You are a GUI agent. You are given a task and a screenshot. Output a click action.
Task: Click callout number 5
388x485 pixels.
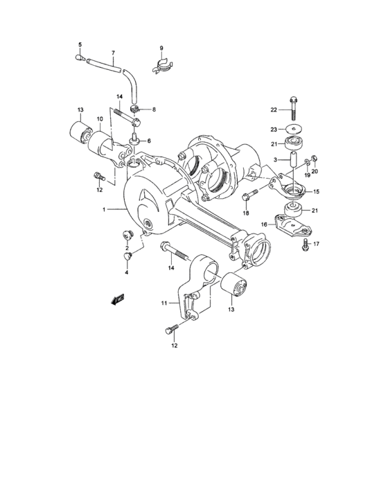[79, 45]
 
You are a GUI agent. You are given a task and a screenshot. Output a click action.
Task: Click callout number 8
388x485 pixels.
[153, 109]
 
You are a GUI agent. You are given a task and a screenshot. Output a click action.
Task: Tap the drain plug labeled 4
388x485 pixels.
[127, 258]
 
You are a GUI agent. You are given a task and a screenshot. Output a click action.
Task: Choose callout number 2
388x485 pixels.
[127, 247]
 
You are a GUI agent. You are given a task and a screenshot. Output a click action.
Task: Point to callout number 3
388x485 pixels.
[276, 160]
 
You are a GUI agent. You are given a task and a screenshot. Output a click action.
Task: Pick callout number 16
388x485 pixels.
[264, 224]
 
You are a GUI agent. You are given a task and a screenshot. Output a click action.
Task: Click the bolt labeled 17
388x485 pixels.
[305, 244]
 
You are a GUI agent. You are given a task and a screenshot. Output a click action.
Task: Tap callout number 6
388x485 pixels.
[148, 141]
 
